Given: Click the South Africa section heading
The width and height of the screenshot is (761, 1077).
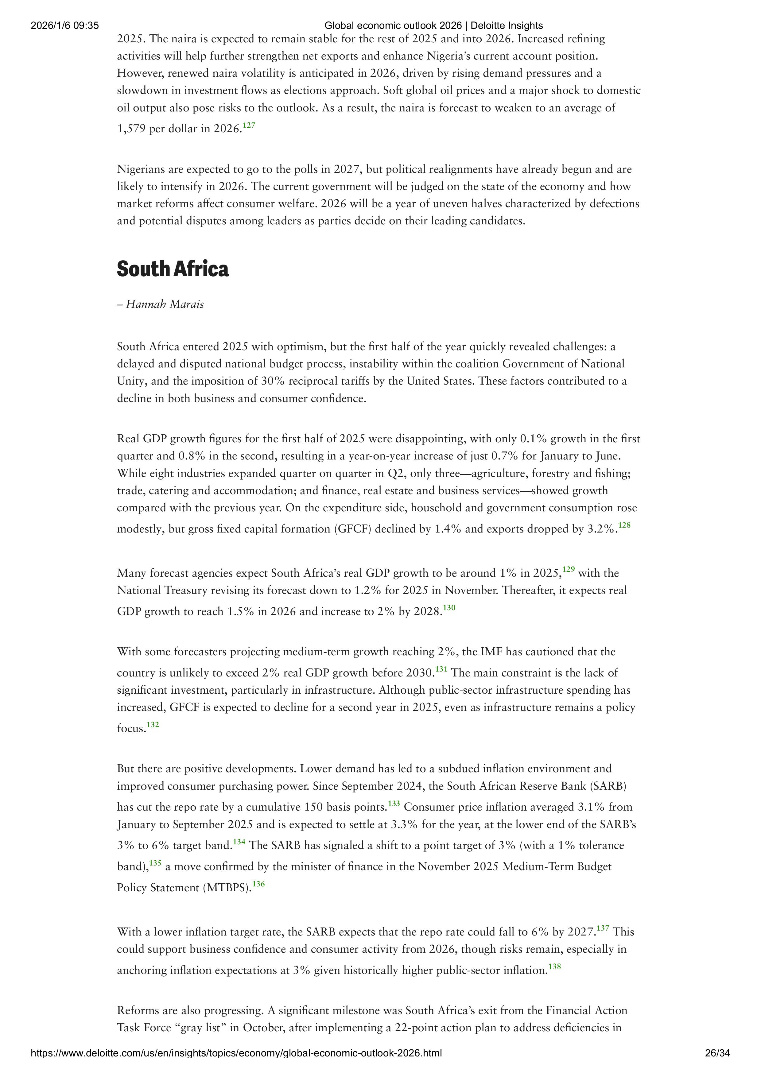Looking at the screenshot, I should [173, 269].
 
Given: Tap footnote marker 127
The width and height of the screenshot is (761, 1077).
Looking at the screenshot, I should [249, 125].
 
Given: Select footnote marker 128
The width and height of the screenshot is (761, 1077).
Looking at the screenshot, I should [624, 525].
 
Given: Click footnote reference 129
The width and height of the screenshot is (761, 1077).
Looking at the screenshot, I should [569, 569].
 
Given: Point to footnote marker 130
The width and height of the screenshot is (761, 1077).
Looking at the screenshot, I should [449, 608].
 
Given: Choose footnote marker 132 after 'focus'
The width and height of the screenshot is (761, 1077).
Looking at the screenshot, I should [153, 725].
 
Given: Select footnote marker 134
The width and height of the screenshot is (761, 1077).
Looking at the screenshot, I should [239, 842].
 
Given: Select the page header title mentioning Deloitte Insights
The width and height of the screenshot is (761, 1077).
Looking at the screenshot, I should [433, 26].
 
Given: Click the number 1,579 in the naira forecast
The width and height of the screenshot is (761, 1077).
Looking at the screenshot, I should [132, 129].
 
